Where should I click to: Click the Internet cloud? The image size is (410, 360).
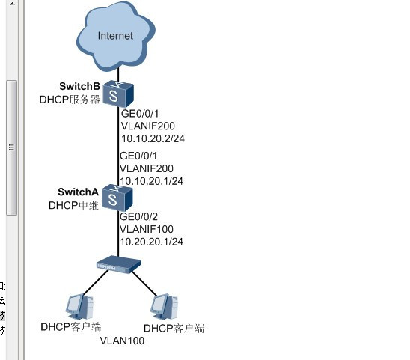116,36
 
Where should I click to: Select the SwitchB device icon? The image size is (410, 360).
118,94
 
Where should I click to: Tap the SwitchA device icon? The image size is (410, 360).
117,198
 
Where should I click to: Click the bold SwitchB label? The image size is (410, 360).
79,86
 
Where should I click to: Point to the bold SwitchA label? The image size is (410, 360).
78,192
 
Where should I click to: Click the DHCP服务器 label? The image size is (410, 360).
70,100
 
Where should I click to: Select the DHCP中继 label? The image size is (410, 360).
73,205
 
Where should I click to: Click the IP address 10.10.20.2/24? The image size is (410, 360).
153,138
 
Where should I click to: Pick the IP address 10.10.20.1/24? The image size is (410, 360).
151,181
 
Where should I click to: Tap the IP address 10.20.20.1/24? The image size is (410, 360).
151,242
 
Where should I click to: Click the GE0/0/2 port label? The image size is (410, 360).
138,216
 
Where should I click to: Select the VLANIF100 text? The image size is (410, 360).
147,229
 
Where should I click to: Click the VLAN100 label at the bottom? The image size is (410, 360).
122,341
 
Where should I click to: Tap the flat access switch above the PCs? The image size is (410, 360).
119,264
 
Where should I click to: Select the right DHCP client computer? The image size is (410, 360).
164,307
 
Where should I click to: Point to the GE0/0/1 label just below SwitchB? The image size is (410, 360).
140,114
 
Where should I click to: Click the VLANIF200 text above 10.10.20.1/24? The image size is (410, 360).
147,168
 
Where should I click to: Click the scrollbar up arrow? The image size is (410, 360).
12,4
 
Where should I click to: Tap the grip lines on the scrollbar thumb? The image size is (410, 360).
11,147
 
